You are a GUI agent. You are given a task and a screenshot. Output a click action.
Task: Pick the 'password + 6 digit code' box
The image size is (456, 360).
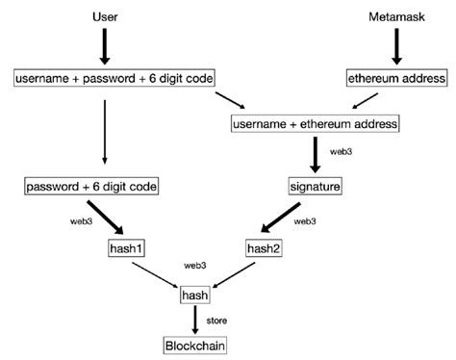92,185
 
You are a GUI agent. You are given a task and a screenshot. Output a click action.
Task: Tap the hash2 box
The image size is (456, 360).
263,247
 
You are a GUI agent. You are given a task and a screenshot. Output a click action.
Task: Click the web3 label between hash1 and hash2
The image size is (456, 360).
195,263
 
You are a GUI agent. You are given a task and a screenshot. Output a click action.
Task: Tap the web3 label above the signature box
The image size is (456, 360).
340,152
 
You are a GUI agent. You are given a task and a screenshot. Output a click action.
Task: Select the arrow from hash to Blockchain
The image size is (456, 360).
195,320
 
